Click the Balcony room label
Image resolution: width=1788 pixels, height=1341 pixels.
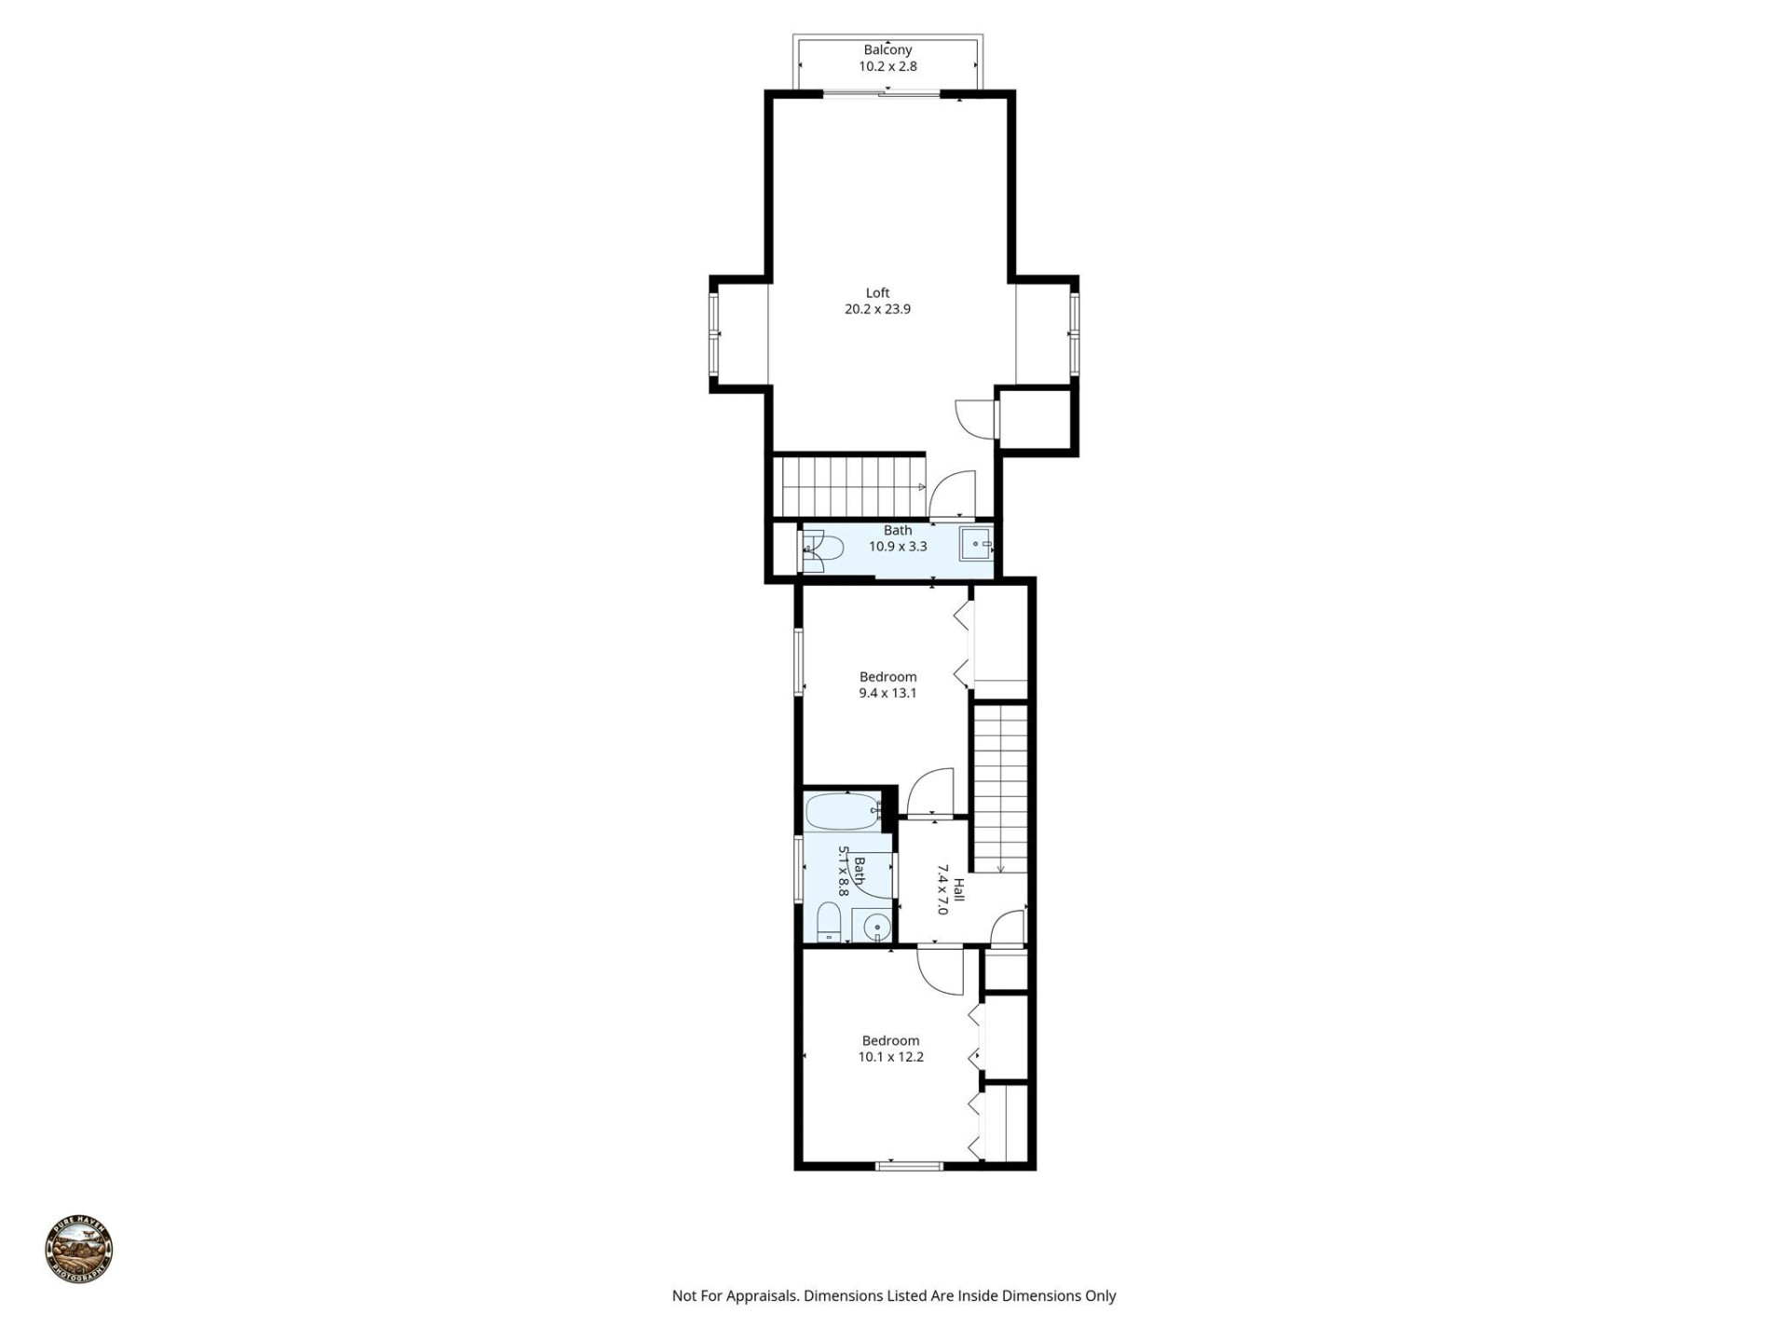887,50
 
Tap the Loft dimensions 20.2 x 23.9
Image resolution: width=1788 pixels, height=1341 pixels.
877,309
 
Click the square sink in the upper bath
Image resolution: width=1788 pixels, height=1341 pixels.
975,544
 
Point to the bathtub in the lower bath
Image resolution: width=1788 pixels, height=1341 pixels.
843,811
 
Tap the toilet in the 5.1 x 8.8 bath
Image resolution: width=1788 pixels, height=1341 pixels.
828,924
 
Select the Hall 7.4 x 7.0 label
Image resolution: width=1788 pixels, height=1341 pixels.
950,888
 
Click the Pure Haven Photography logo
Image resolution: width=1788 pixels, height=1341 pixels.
79,1250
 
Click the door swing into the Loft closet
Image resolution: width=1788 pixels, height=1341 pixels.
973,416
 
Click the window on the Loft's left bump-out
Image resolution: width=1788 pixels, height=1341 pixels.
714,332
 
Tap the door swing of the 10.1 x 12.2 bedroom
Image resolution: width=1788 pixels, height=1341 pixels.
939,971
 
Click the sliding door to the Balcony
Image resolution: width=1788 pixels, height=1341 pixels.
883,93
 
